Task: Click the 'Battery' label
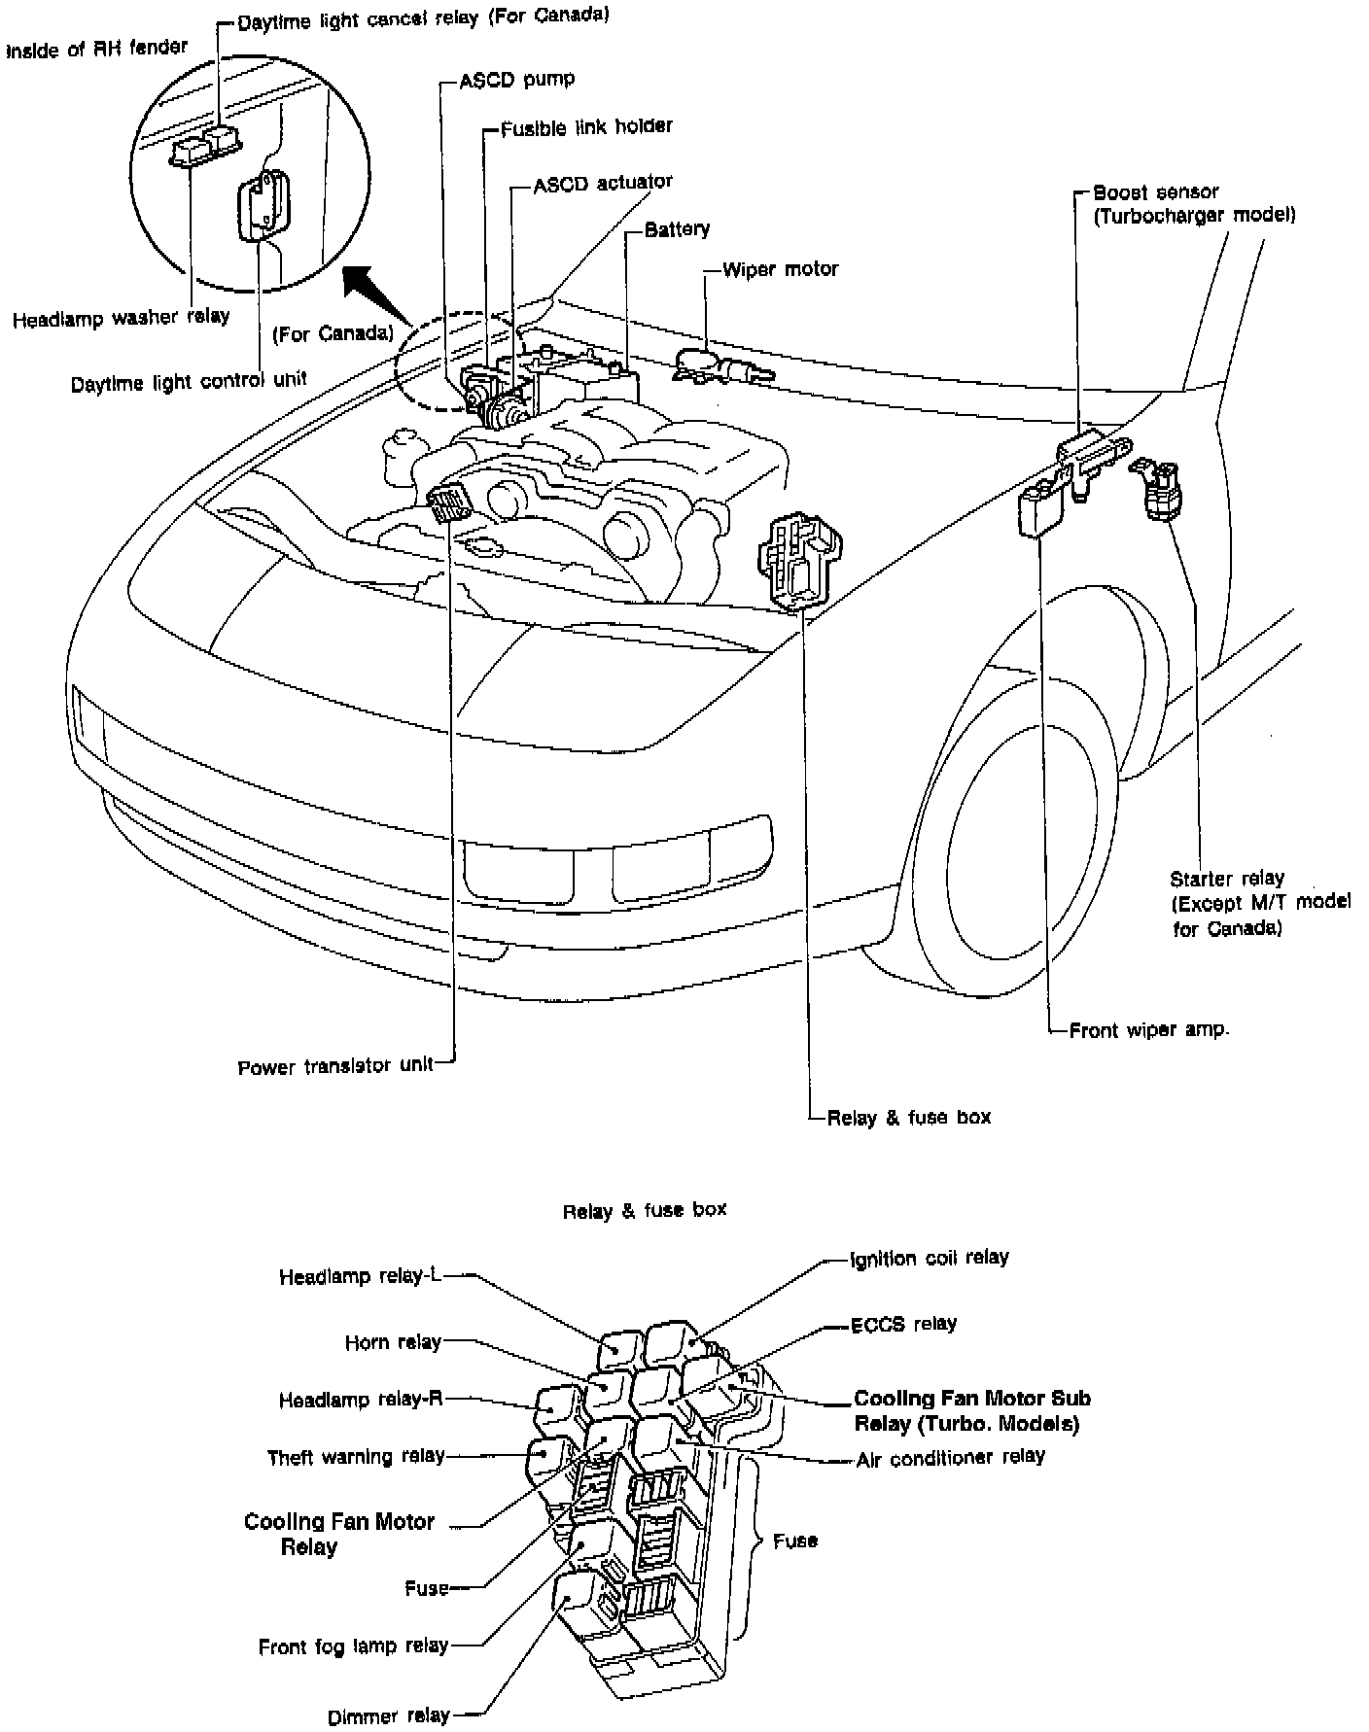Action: [677, 229]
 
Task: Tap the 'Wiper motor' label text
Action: [780, 269]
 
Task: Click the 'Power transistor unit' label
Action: [335, 1066]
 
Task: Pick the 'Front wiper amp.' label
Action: [1148, 1030]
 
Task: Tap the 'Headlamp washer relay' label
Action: [121, 317]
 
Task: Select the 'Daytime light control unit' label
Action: [189, 382]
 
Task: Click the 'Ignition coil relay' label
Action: [929, 1257]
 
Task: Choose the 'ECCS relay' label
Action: [903, 1323]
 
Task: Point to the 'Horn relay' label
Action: [393, 1342]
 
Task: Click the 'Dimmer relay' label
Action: [389, 1715]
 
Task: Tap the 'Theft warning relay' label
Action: [355, 1456]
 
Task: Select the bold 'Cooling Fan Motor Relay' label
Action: [338, 1534]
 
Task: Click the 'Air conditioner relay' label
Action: [950, 1456]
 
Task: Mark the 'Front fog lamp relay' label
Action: [353, 1645]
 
